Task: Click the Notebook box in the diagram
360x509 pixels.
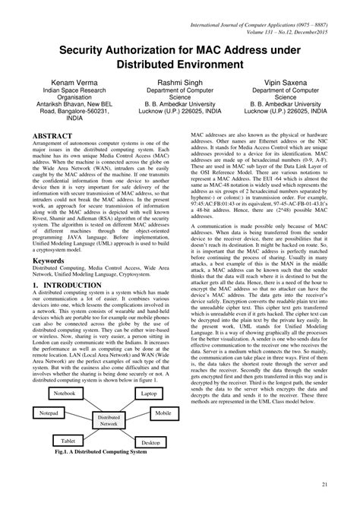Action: coord(65,394)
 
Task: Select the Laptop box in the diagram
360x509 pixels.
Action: coord(148,394)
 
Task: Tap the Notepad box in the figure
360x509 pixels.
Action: coord(49,413)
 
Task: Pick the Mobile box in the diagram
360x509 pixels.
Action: coord(163,413)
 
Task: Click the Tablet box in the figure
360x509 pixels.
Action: coord(68,440)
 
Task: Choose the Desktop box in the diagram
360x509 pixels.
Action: coord(150,441)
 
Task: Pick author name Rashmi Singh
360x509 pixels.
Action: coord(180,81)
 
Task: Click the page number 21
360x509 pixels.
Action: coord(324,484)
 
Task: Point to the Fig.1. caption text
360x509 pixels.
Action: coord(96,452)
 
